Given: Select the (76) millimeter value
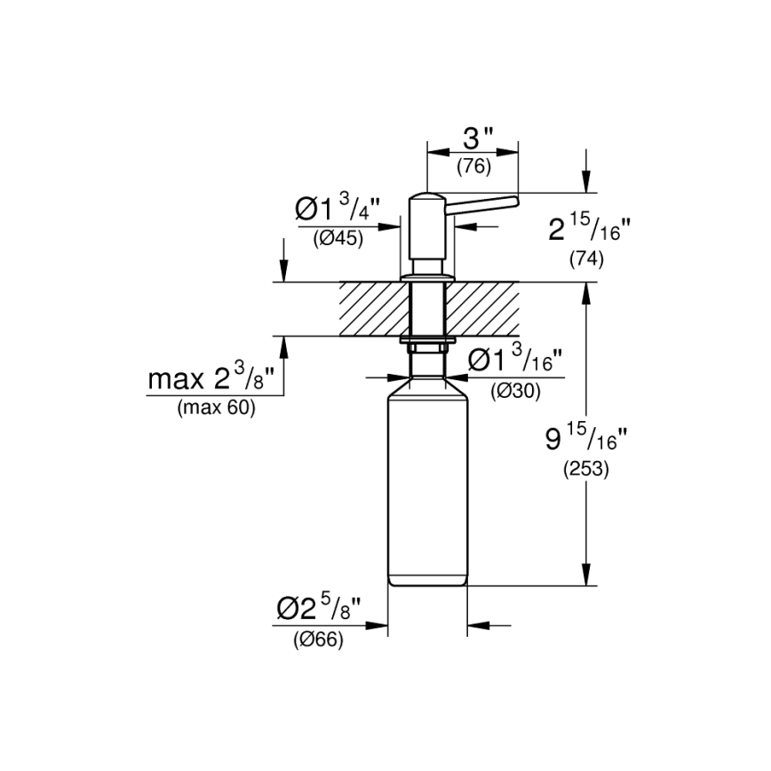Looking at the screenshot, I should point(473,165).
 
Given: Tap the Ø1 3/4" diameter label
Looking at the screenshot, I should point(337,211).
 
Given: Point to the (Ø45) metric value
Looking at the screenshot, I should point(338,238).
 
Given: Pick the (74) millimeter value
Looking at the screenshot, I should point(586,259).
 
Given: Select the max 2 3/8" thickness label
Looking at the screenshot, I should point(214,380).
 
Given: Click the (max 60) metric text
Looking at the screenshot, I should point(216,408).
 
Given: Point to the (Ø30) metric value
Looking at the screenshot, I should point(515,390).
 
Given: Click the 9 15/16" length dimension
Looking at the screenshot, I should point(586,440).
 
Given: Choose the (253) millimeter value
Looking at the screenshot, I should point(586,470).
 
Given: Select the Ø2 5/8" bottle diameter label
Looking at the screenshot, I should point(319,609).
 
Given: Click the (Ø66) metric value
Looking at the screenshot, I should point(318,639).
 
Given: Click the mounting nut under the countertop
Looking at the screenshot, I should point(428,340).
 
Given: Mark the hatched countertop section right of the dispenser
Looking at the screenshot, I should point(484,309).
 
